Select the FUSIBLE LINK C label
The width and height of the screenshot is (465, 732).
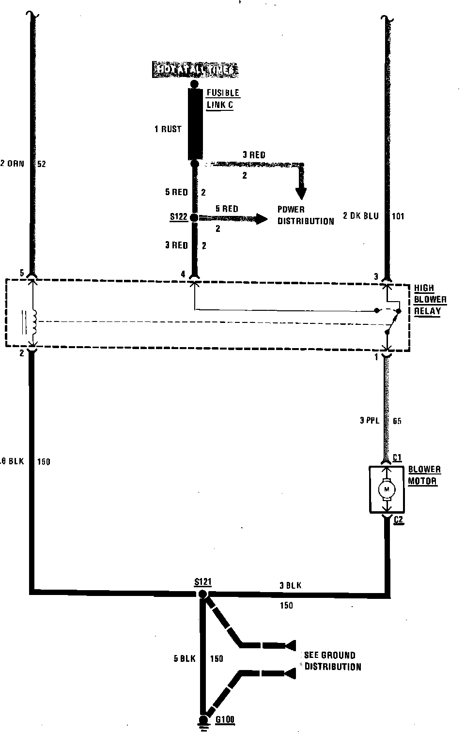point(222,99)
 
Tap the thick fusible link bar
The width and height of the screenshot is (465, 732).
point(195,124)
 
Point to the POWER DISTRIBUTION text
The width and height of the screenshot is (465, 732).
point(305,215)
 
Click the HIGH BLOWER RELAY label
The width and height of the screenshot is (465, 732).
point(430,300)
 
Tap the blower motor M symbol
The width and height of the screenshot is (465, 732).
point(386,489)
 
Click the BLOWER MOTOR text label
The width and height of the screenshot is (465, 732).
point(424,475)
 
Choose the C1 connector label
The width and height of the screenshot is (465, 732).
point(397,457)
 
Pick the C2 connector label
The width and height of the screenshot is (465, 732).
point(398,520)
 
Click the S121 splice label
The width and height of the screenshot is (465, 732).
point(202,582)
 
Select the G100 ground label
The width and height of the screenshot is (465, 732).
point(225,719)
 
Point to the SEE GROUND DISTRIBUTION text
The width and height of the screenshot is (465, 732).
point(332,661)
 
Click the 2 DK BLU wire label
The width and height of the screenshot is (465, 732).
point(360,216)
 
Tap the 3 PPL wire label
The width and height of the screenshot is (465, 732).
point(369,421)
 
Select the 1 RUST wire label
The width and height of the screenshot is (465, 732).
point(168,129)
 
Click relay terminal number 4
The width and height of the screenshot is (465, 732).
point(183,274)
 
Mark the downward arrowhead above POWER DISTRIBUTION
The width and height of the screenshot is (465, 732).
point(301,193)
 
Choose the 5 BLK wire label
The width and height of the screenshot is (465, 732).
point(185,658)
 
